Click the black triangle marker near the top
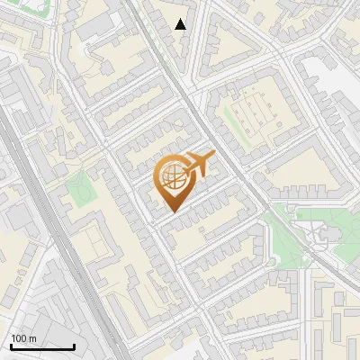coord(181,24)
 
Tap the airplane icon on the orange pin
coord(197,165)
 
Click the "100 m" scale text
coord(23,338)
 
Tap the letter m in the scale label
coord(31,338)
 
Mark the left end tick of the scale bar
coord(10,346)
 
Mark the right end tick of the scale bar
coord(74,346)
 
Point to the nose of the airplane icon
coord(213,157)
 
